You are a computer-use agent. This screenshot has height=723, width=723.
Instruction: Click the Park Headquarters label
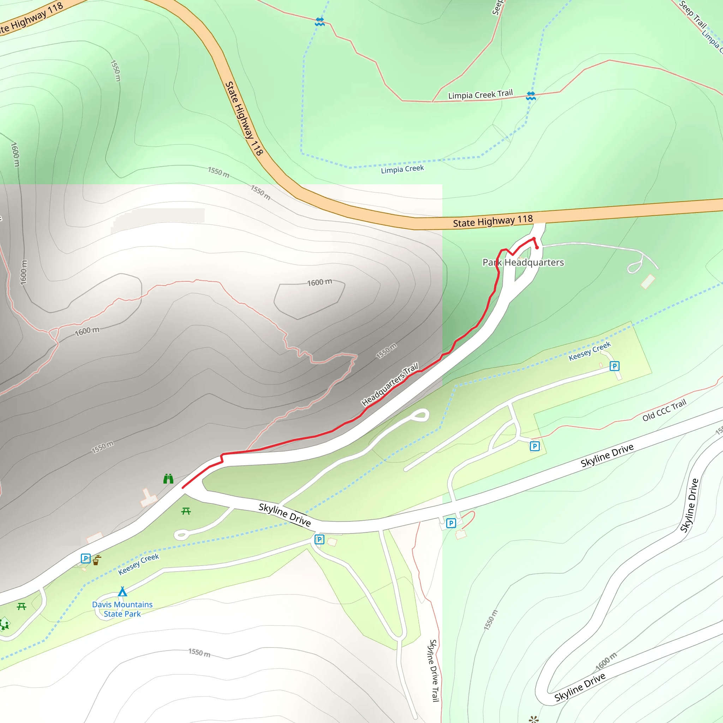pos(523,262)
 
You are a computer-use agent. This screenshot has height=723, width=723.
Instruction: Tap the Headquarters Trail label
pos(390,384)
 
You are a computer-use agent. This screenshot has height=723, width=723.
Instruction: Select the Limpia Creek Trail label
pos(480,94)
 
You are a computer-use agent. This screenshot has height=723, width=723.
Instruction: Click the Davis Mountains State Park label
pos(122,609)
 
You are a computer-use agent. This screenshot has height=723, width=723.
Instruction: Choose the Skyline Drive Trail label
pos(434,670)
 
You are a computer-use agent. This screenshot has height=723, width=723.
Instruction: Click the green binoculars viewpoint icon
pos(168,479)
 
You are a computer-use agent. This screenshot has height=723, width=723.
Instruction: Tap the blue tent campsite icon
pos(123,591)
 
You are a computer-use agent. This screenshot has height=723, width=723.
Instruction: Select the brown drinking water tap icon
pos(96,560)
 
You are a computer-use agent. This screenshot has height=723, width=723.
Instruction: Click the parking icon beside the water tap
pos(86,559)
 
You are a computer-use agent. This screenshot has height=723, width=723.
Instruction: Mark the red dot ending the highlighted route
pos(537,247)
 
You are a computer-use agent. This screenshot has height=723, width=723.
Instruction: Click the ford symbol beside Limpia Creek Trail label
pos(531,96)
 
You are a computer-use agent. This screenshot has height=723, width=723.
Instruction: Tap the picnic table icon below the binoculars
pos(186,511)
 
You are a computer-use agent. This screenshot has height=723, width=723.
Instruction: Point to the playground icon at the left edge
pos(5,624)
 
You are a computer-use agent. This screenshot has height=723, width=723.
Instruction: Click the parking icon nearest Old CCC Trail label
pos(535,446)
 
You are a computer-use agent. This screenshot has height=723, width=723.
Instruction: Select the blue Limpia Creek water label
pos(402,169)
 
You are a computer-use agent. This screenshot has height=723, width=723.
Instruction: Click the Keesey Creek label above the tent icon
pos(138,564)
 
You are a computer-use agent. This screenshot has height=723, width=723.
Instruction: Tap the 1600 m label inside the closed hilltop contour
pos(319,282)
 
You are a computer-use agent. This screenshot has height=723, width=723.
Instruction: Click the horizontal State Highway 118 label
pos(492,221)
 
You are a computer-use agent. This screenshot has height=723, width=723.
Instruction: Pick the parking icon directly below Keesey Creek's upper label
pos(614,366)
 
